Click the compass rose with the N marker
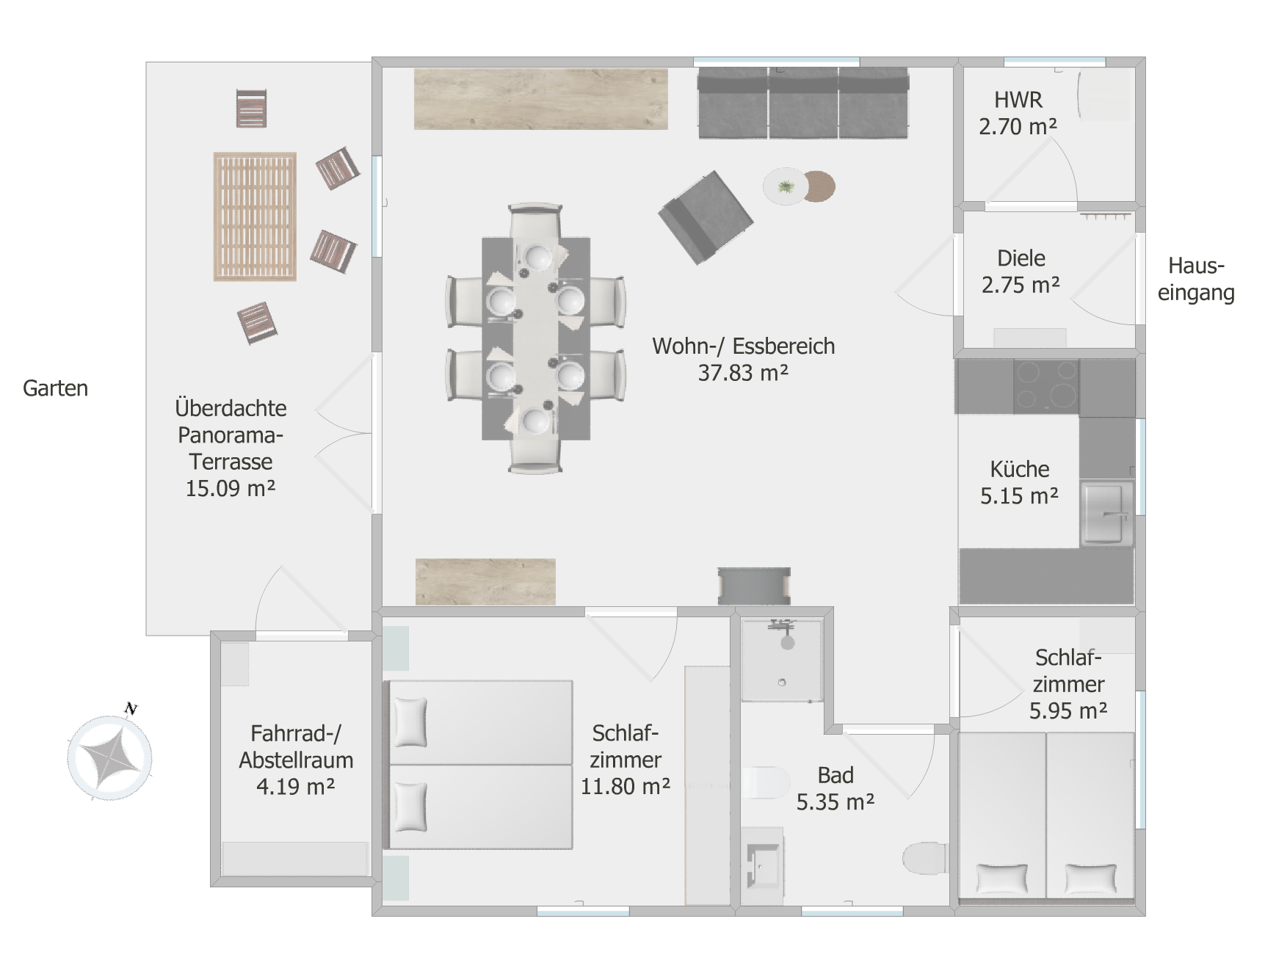110,756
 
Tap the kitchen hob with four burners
1046,386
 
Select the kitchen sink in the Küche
1106,513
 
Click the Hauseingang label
1196,279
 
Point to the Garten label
55,388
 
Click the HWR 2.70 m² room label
1018,113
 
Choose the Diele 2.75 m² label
1021,272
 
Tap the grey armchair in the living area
705,217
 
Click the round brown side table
819,186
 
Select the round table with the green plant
786,186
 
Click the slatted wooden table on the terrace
255,217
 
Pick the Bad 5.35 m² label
835,789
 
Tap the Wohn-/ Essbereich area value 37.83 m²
743,373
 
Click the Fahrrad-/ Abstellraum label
296,746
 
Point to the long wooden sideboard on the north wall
541,99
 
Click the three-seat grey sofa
803,103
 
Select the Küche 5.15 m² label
1020,482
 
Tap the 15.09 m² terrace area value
231,488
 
